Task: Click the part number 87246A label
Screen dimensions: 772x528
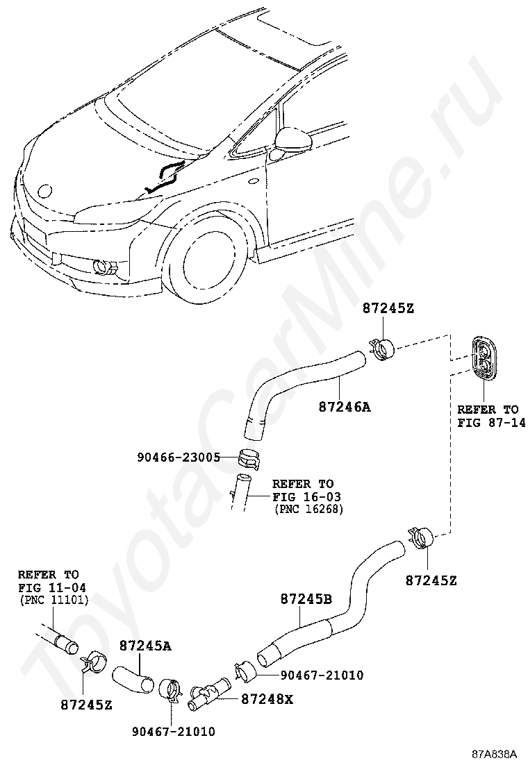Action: tap(344, 408)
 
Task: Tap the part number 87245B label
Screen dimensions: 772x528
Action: tap(306, 598)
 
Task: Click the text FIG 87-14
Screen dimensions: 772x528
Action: tap(491, 422)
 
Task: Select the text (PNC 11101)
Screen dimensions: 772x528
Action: tap(49, 600)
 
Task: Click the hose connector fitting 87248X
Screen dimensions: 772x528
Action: tap(209, 694)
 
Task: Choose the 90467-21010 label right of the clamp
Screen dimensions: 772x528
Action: tap(322, 674)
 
